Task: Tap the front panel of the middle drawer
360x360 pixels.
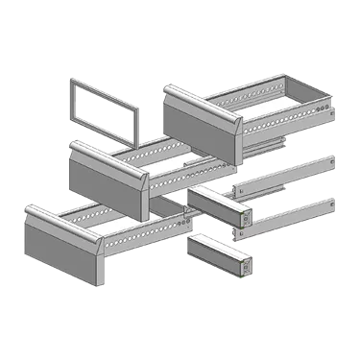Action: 104,174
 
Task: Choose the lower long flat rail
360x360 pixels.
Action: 288,218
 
